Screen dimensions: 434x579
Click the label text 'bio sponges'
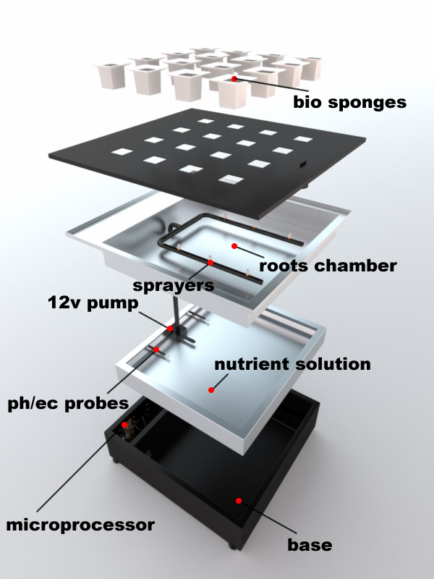[349, 102]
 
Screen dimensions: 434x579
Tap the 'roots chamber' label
[328, 266]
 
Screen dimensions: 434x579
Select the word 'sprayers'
[174, 286]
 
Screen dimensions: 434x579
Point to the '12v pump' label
[93, 303]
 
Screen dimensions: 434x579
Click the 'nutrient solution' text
[292, 364]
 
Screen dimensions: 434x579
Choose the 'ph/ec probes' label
[68, 403]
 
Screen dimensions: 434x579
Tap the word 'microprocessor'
[80, 525]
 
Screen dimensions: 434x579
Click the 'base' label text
[310, 545]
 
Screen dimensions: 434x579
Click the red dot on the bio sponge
[234, 79]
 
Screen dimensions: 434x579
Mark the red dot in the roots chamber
[234, 246]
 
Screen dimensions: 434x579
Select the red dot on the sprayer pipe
[210, 263]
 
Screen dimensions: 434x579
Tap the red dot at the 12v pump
[170, 329]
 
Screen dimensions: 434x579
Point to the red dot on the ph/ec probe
[156, 350]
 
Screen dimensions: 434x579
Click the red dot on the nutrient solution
[211, 390]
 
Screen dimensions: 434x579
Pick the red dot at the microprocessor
[124, 425]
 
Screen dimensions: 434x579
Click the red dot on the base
[239, 501]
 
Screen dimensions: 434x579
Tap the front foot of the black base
[231, 545]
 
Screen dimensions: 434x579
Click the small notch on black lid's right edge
[302, 164]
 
